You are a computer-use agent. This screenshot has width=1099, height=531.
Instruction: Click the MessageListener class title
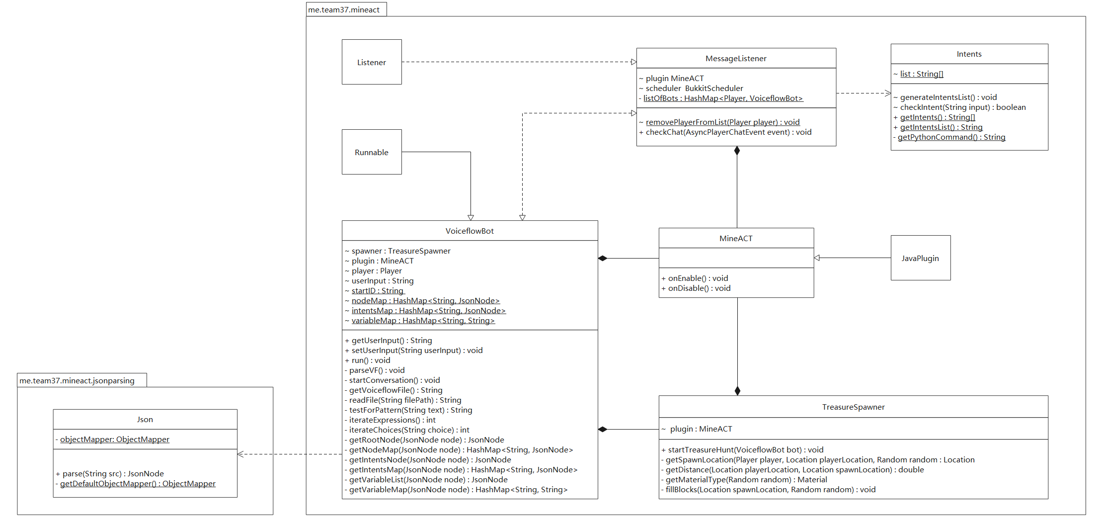[x=736, y=59]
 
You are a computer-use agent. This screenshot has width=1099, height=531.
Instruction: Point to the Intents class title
[x=969, y=54]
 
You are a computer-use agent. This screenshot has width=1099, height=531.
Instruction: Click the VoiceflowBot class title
[x=470, y=231]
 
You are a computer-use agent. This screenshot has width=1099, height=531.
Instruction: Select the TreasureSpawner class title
[x=853, y=407]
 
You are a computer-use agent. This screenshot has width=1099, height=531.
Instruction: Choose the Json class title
[x=145, y=420]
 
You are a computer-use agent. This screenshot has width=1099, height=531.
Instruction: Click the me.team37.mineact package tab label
[x=344, y=10]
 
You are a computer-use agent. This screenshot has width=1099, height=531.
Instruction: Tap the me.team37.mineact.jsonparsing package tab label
[x=77, y=381]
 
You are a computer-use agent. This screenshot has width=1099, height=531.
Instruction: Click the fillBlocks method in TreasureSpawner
[x=769, y=490]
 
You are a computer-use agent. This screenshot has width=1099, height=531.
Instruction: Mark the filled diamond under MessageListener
[x=737, y=151]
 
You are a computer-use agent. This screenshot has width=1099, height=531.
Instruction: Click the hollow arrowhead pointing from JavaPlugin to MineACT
[x=817, y=258]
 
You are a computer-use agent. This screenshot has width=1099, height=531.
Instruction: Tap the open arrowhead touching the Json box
[x=240, y=454]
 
